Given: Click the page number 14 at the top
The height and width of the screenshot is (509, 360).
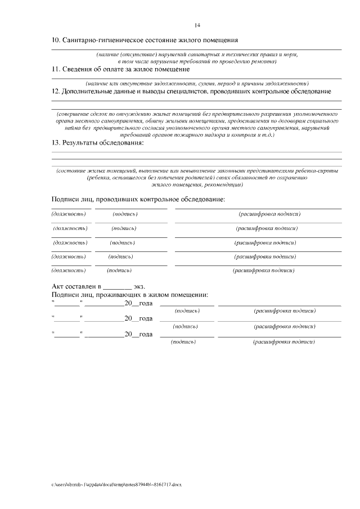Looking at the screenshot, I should pos(197,25).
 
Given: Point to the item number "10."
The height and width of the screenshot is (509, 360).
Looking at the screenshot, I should pos(56,40).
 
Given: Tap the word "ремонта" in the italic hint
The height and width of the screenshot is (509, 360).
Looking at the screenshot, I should pos(264,60).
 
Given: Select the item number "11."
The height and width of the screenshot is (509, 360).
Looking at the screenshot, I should pos(56,69).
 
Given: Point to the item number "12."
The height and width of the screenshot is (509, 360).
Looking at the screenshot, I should pos(56,91).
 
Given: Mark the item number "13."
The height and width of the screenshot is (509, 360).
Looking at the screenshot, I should pos(56,143).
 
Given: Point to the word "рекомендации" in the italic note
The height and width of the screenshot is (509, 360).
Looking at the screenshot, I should pos(224,184).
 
